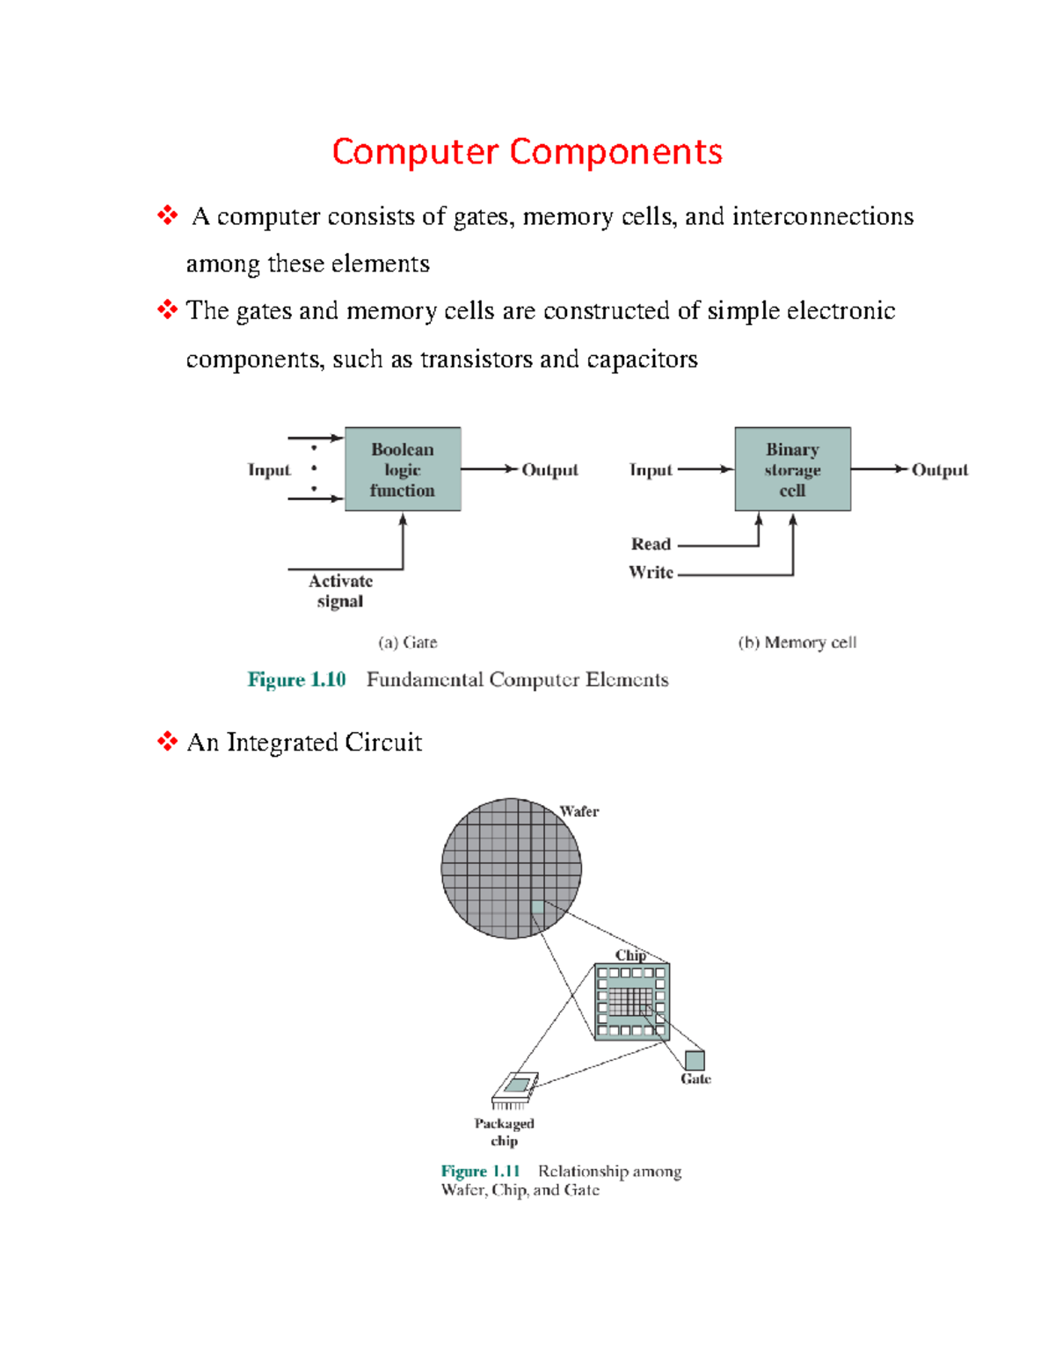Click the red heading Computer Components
click(527, 151)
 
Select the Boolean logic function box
click(403, 469)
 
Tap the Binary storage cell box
click(792, 469)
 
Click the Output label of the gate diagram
click(549, 470)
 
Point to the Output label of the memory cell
click(939, 470)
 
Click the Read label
click(651, 544)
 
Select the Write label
click(651, 572)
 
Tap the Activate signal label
click(340, 591)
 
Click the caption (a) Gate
click(407, 643)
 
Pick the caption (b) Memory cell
click(797, 643)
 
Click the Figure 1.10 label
click(296, 679)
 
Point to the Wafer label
click(579, 811)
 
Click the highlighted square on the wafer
click(537, 907)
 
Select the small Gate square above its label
click(695, 1060)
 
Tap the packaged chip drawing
click(514, 1089)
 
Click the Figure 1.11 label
click(480, 1171)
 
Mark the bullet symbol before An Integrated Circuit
click(167, 742)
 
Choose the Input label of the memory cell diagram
click(651, 470)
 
